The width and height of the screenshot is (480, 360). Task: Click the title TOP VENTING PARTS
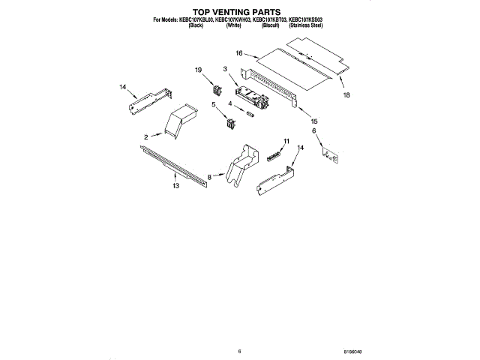(x=239, y=13)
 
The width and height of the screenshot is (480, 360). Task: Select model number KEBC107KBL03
(x=196, y=20)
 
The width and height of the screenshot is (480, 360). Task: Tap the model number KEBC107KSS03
(x=307, y=20)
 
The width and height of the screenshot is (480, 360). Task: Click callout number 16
(x=239, y=54)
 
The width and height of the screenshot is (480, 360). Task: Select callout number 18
(x=346, y=96)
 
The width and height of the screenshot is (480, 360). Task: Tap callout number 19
(x=199, y=70)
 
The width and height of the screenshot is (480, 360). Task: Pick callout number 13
(x=175, y=185)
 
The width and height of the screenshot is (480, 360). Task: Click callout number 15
(x=314, y=121)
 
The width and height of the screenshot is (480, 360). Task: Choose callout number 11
(x=286, y=140)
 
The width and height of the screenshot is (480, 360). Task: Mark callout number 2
(x=147, y=137)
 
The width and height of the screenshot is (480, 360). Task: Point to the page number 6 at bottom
(x=239, y=351)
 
